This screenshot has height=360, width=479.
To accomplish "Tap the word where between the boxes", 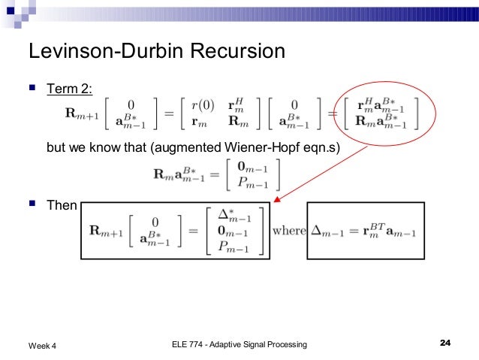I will point(288,230).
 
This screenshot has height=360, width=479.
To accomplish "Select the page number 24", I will point(444,343).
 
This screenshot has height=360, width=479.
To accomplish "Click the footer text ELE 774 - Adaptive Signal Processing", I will point(235,344).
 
